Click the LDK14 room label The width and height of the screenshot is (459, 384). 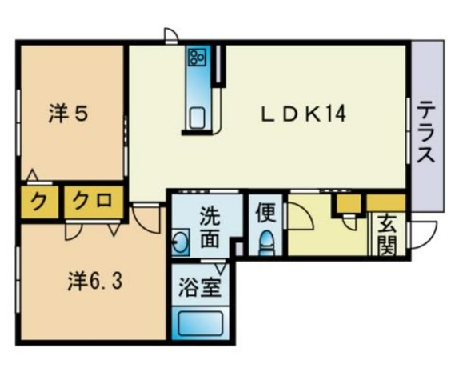point(303,114)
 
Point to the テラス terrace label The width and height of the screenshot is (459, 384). point(425,131)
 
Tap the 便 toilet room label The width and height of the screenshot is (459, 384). point(265,213)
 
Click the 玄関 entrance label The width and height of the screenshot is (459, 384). point(386,235)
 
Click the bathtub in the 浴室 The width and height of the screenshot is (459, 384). point(199,323)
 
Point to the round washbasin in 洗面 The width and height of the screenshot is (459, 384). point(181,242)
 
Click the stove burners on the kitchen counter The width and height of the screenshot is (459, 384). point(198,58)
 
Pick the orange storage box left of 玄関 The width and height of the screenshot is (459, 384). point(347,203)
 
